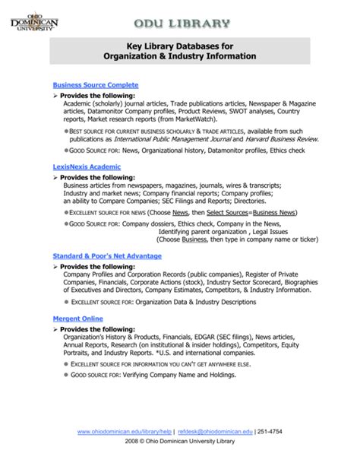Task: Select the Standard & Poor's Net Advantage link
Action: click(x=106, y=256)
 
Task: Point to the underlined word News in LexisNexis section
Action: click(x=181, y=212)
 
